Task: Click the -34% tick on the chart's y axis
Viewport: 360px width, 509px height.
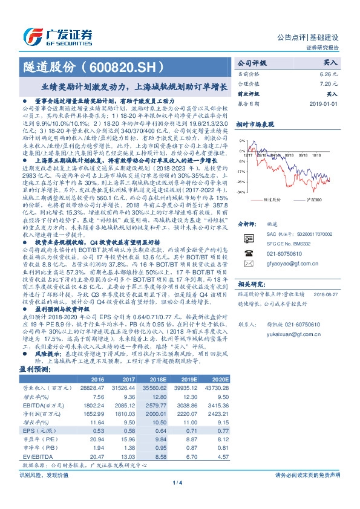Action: (241, 192)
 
